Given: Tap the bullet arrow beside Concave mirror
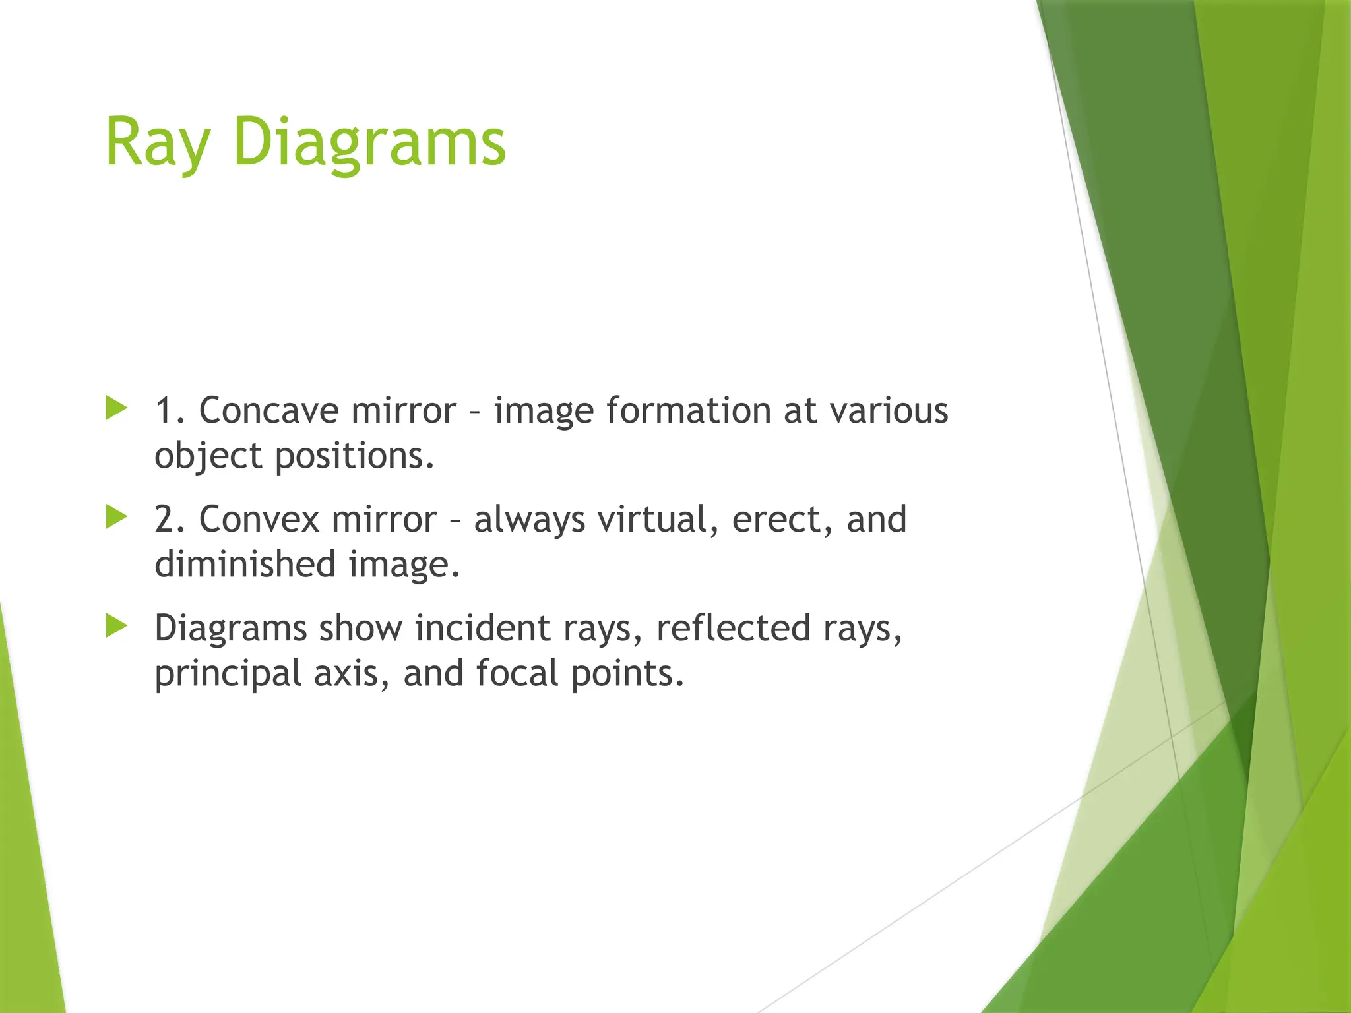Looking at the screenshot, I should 116,408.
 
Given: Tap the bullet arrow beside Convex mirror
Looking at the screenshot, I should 116,517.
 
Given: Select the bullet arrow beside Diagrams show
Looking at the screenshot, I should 116,626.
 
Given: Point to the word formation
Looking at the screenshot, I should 688,410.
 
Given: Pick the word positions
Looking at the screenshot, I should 354,456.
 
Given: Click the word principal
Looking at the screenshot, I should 226,673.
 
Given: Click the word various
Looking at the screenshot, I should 889,410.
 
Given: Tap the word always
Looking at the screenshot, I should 529,519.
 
